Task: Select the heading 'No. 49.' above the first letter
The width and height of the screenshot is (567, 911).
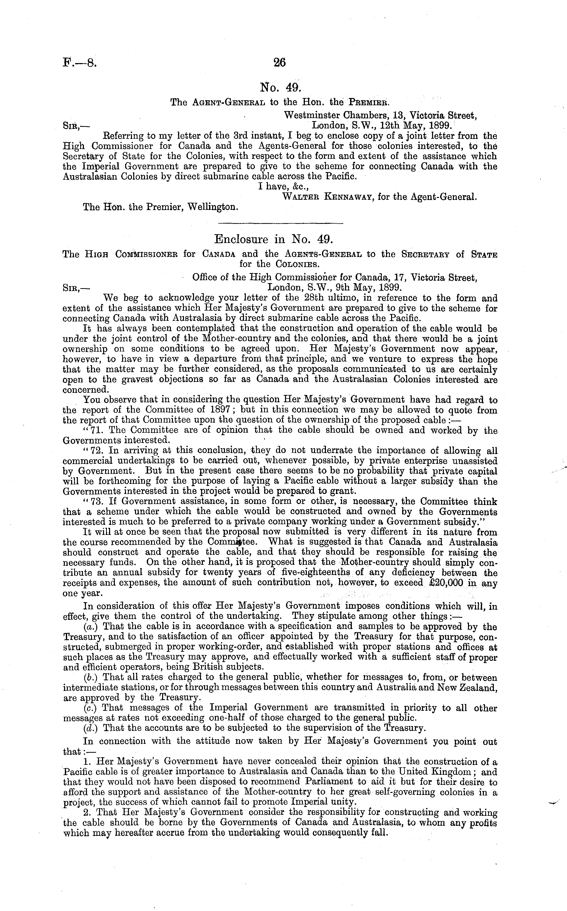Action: [x=280, y=87]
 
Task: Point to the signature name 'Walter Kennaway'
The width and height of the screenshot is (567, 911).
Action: [x=327, y=196]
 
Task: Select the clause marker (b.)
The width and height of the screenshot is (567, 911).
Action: [x=91, y=677]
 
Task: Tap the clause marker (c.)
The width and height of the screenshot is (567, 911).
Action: [x=91, y=708]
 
